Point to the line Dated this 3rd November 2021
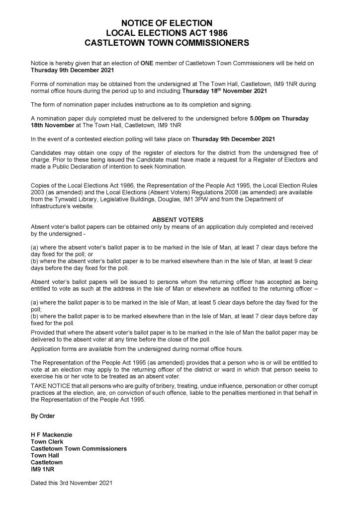(x=72, y=482)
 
